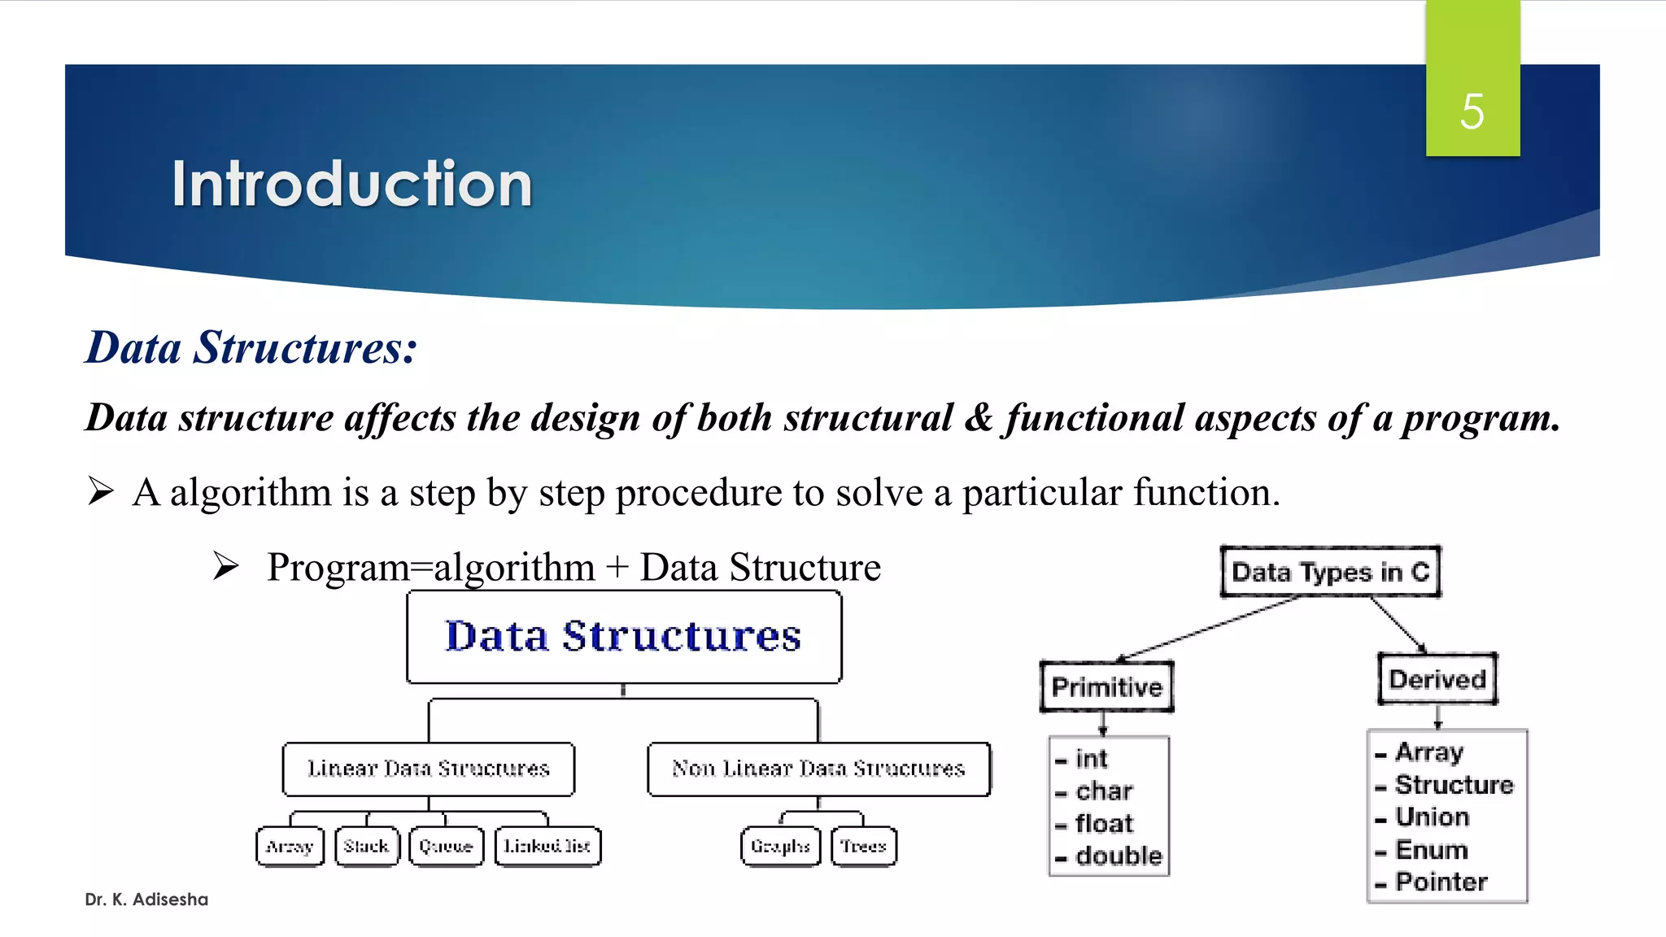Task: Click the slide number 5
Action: tap(1472, 111)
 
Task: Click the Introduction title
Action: tap(351, 184)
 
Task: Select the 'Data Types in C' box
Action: tap(1330, 572)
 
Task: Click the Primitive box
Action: tap(1106, 686)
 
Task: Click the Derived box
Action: tap(1437, 679)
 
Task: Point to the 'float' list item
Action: tap(1103, 823)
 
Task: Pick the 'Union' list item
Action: tap(1432, 817)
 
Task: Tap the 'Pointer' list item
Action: tap(1441, 882)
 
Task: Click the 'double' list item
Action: tap(1118, 856)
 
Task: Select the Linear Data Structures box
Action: tap(429, 769)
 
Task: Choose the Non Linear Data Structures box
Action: tap(818, 769)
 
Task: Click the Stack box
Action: tap(367, 846)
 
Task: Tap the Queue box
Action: tap(446, 846)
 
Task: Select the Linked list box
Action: tap(547, 846)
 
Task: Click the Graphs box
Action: tap(780, 846)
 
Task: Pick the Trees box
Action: tap(863, 846)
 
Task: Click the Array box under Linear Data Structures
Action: tap(290, 846)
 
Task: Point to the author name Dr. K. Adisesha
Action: tap(146, 899)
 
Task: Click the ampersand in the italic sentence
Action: tap(979, 418)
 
